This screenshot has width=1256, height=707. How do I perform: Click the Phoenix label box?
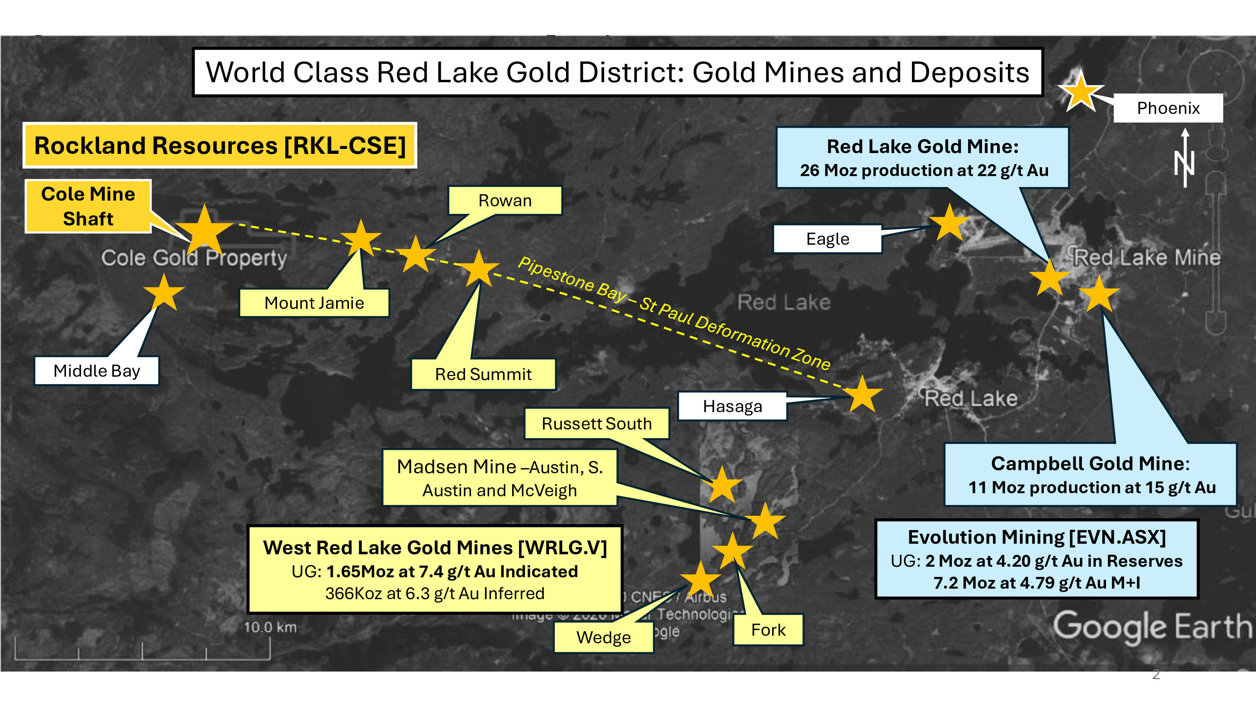click(x=1168, y=108)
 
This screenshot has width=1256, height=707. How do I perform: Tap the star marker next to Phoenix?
click(x=1081, y=92)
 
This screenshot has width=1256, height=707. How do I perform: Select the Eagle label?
click(x=828, y=239)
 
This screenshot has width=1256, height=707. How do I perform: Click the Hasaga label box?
click(x=732, y=406)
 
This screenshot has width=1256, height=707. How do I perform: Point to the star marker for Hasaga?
click(x=863, y=394)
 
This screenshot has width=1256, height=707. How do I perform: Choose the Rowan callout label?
click(x=505, y=201)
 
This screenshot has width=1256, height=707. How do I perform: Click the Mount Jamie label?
click(x=314, y=303)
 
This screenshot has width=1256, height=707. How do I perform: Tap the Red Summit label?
click(x=483, y=374)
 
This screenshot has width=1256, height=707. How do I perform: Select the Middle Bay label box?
click(x=96, y=371)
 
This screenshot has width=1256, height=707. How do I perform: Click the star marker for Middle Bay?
click(x=164, y=293)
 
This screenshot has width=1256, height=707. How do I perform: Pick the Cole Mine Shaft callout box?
click(x=88, y=206)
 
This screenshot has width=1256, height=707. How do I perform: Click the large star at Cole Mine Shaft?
click(x=205, y=229)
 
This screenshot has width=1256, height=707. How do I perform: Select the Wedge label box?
click(x=603, y=637)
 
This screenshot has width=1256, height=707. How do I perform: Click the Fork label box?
click(x=768, y=630)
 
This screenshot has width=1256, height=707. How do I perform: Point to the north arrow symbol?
click(x=1185, y=159)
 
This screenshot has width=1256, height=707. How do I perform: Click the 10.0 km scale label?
click(x=270, y=627)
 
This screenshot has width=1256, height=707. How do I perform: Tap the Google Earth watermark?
click(x=1152, y=626)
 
